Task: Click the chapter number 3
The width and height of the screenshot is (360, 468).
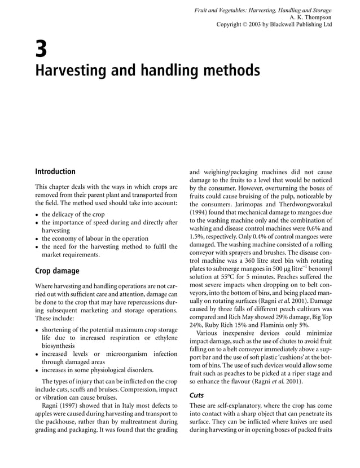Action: point(41,50)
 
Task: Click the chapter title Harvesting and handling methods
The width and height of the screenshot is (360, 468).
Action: point(148,71)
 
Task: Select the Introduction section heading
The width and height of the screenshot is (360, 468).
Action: point(55,171)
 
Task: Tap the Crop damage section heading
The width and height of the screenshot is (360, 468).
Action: point(57,271)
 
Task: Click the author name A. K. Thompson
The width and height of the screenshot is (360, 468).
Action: point(310,17)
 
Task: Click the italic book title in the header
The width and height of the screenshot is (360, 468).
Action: point(262,10)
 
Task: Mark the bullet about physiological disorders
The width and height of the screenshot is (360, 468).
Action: point(98,370)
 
